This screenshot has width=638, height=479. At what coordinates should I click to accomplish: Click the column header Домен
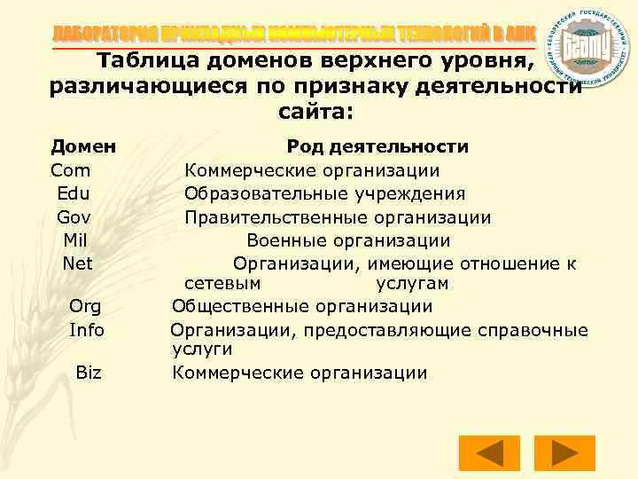click(86, 146)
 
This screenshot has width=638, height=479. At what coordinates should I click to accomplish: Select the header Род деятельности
click(377, 146)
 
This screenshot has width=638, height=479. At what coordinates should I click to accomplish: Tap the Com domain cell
click(71, 170)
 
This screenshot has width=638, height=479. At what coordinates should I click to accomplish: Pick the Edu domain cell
click(73, 193)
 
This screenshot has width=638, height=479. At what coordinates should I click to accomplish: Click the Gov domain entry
click(74, 217)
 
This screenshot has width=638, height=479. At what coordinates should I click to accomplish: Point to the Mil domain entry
click(76, 240)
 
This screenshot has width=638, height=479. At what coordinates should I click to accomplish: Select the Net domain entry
click(78, 263)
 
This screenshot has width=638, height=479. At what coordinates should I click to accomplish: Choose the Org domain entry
click(85, 307)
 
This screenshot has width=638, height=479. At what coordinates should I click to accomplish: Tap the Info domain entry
click(87, 330)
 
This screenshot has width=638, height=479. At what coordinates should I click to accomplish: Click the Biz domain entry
click(89, 373)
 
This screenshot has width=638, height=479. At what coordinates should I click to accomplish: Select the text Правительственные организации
click(338, 217)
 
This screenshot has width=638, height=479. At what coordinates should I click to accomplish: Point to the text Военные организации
click(348, 240)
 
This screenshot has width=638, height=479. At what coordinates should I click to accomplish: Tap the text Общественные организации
click(302, 307)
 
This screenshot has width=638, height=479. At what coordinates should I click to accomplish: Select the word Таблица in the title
click(144, 62)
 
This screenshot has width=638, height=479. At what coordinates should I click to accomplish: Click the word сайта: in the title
click(316, 113)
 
